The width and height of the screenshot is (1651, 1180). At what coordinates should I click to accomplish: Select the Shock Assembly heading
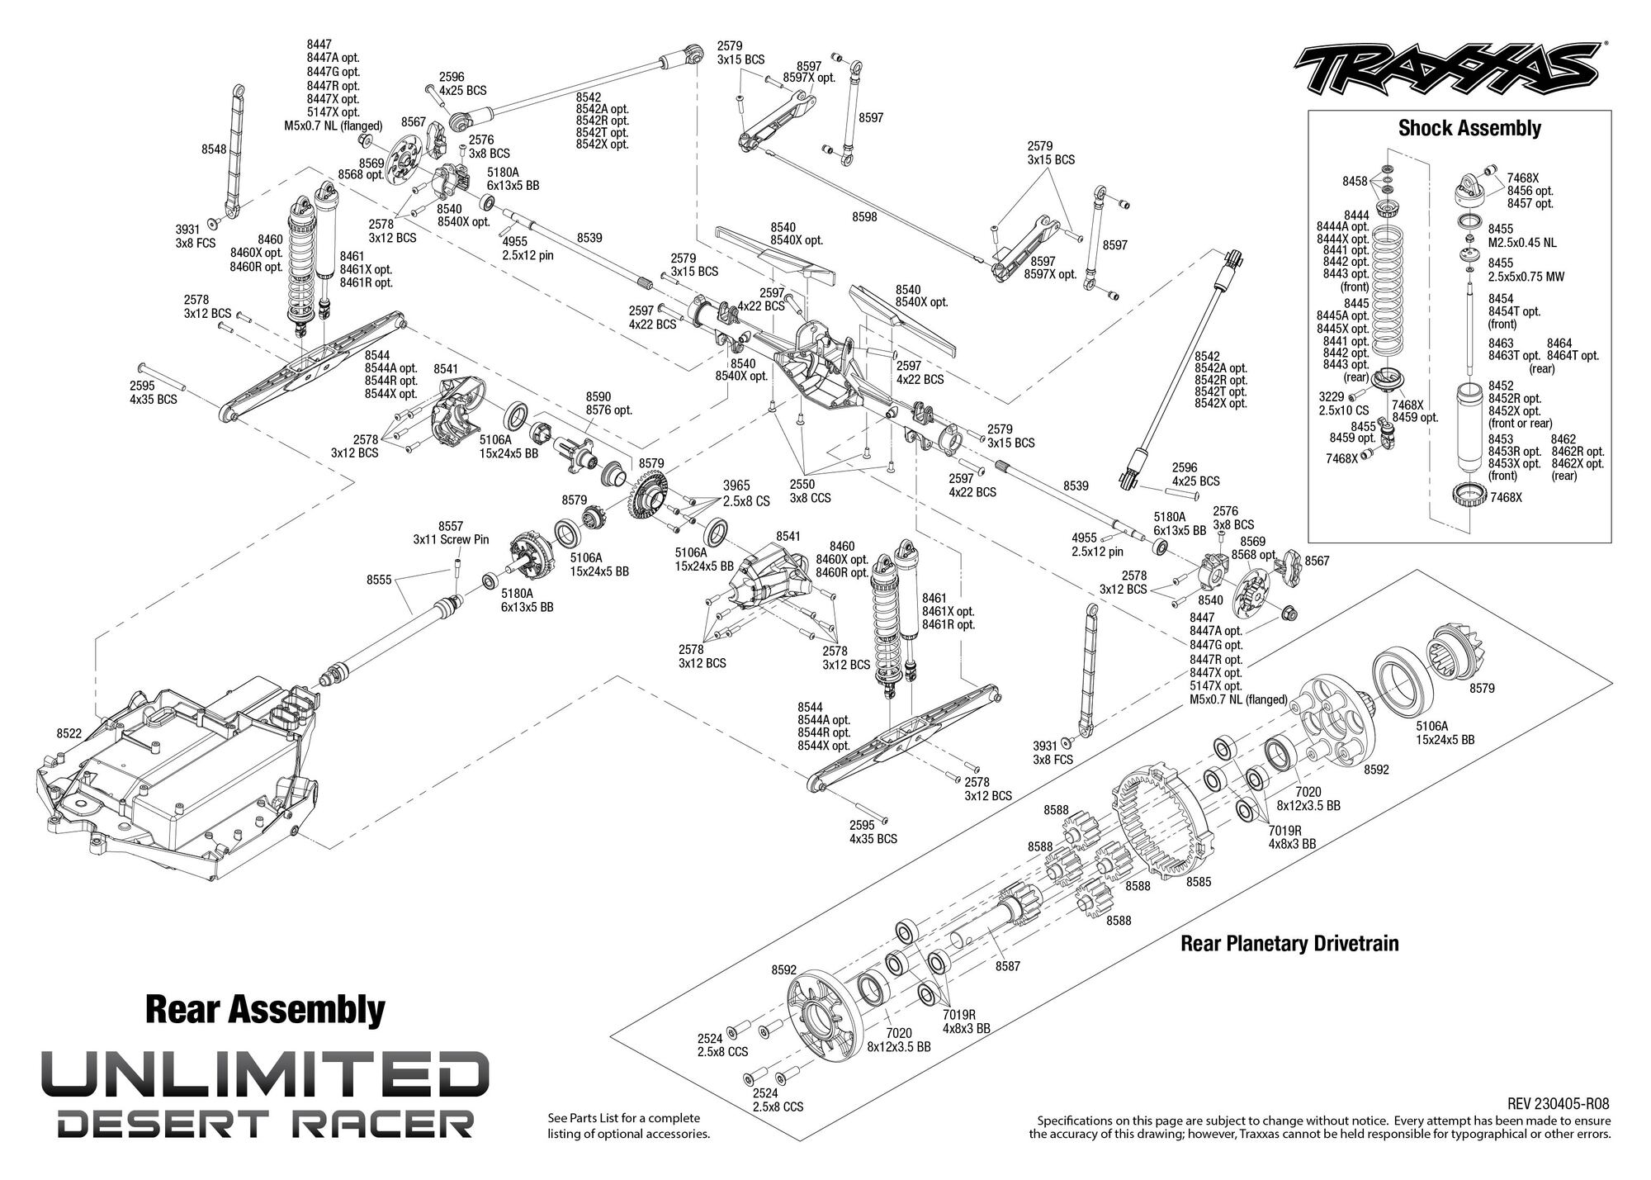coord(1469,128)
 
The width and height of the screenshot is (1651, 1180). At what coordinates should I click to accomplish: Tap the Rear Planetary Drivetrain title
coord(1289,943)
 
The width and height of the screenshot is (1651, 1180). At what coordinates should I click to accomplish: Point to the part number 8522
coord(69,733)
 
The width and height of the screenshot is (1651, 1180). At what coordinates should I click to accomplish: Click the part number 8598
coord(864,217)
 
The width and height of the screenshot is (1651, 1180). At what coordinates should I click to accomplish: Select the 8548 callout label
coord(215,149)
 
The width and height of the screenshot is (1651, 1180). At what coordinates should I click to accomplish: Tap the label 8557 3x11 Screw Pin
coord(451,533)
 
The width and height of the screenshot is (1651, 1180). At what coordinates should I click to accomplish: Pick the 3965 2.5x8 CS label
coord(746,494)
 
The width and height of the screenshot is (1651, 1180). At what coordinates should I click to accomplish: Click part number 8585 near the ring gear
coord(1199,882)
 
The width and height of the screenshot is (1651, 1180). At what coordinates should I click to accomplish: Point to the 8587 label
coord(1008,965)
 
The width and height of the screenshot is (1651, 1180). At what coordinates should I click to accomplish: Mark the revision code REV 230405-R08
coord(1558,1104)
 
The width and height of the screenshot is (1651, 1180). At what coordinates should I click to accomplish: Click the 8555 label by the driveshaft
coord(380,580)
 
